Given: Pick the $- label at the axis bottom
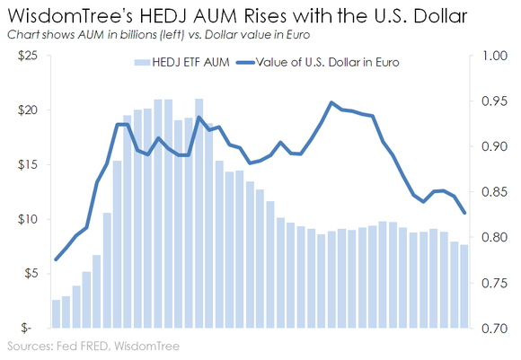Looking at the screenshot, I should pyautogui.click(x=32, y=329).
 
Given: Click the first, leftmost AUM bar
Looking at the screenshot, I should pyautogui.click(x=56, y=313).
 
